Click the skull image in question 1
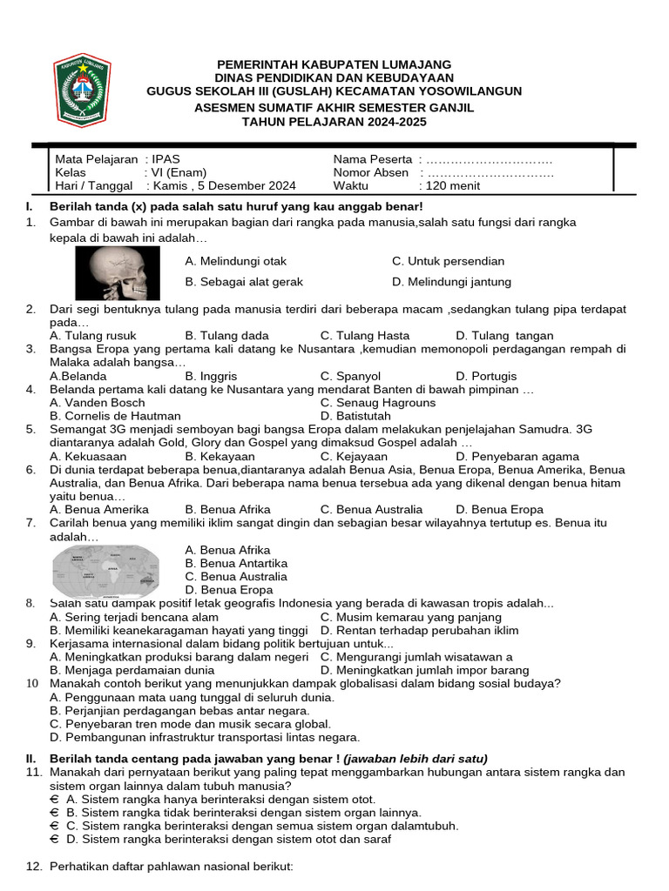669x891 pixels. (117, 273)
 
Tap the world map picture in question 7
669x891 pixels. (105, 571)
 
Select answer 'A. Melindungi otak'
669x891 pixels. (236, 261)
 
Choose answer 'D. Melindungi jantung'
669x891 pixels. (451, 282)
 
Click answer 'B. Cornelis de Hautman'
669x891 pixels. (115, 416)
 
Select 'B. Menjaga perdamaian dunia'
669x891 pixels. (132, 670)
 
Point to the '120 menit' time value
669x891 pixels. (451, 185)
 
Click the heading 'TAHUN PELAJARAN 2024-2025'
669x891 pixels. (334, 123)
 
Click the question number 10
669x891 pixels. (32, 683)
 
